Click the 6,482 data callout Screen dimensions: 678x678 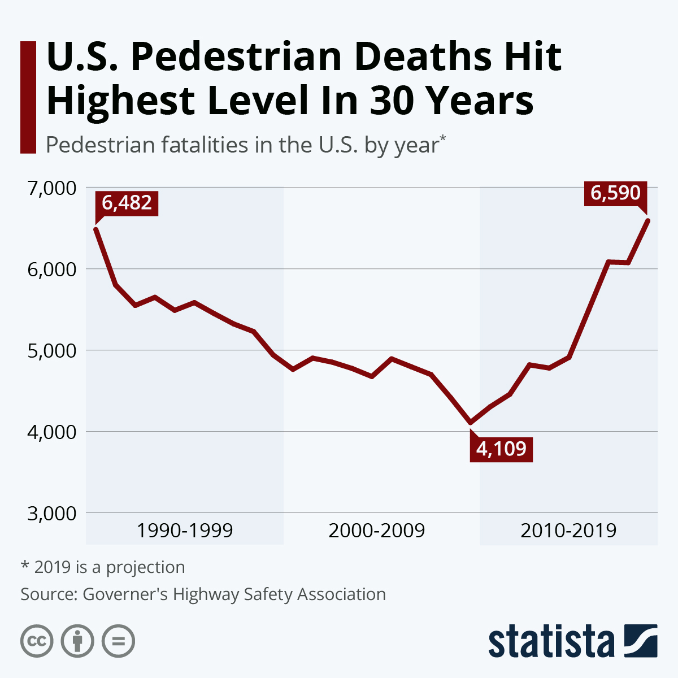(x=127, y=203)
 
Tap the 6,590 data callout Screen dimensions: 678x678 (x=615, y=193)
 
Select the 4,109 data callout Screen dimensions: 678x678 (x=501, y=449)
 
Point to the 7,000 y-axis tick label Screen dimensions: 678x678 (x=51, y=188)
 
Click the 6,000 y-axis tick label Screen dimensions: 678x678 (x=51, y=269)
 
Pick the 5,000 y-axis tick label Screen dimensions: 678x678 (x=51, y=350)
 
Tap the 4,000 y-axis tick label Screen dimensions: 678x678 (x=51, y=432)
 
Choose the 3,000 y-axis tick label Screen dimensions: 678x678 (x=51, y=513)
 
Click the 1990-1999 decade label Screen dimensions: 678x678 (x=185, y=531)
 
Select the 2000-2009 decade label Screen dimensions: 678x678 (x=376, y=531)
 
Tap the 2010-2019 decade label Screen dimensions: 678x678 (x=568, y=531)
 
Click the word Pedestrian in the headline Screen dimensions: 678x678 (x=237, y=58)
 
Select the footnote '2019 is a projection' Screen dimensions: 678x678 (x=103, y=567)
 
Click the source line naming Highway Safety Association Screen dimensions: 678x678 (x=203, y=594)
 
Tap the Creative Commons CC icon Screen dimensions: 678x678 (x=37, y=641)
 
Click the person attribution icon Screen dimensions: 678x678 (x=77, y=641)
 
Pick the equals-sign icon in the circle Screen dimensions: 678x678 (x=118, y=641)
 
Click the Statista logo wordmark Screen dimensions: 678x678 (x=551, y=641)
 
